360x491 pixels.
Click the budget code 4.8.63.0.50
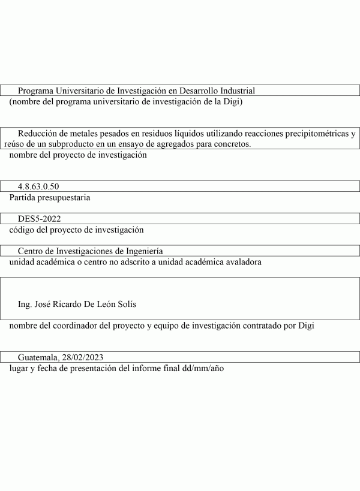pyautogui.click(x=38, y=186)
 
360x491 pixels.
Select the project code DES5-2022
pyautogui.click(x=40, y=219)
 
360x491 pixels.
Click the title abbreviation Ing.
pyautogui.click(x=25, y=304)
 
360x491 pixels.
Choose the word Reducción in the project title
pyautogui.click(x=37, y=134)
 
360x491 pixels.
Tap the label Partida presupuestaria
pyautogui.click(x=50, y=197)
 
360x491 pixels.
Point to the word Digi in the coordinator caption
pyautogui.click(x=305, y=326)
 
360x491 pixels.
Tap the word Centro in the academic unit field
pyautogui.click(x=31, y=251)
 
